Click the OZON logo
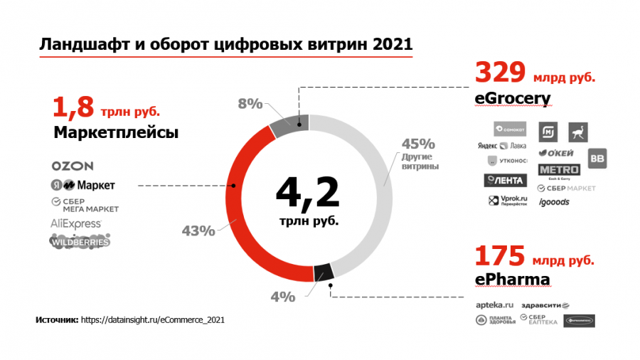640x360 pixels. [x=73, y=166]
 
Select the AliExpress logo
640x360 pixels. [x=75, y=223]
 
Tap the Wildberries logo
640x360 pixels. [x=80, y=242]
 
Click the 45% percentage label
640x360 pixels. [x=414, y=142]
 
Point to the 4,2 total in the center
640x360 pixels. [x=307, y=192]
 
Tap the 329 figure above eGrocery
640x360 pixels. [x=500, y=73]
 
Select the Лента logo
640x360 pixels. [x=506, y=180]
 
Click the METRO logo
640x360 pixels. [x=559, y=170]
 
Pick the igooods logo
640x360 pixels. [x=554, y=202]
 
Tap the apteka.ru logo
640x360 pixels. [x=494, y=305]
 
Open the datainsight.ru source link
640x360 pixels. [x=153, y=320]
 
